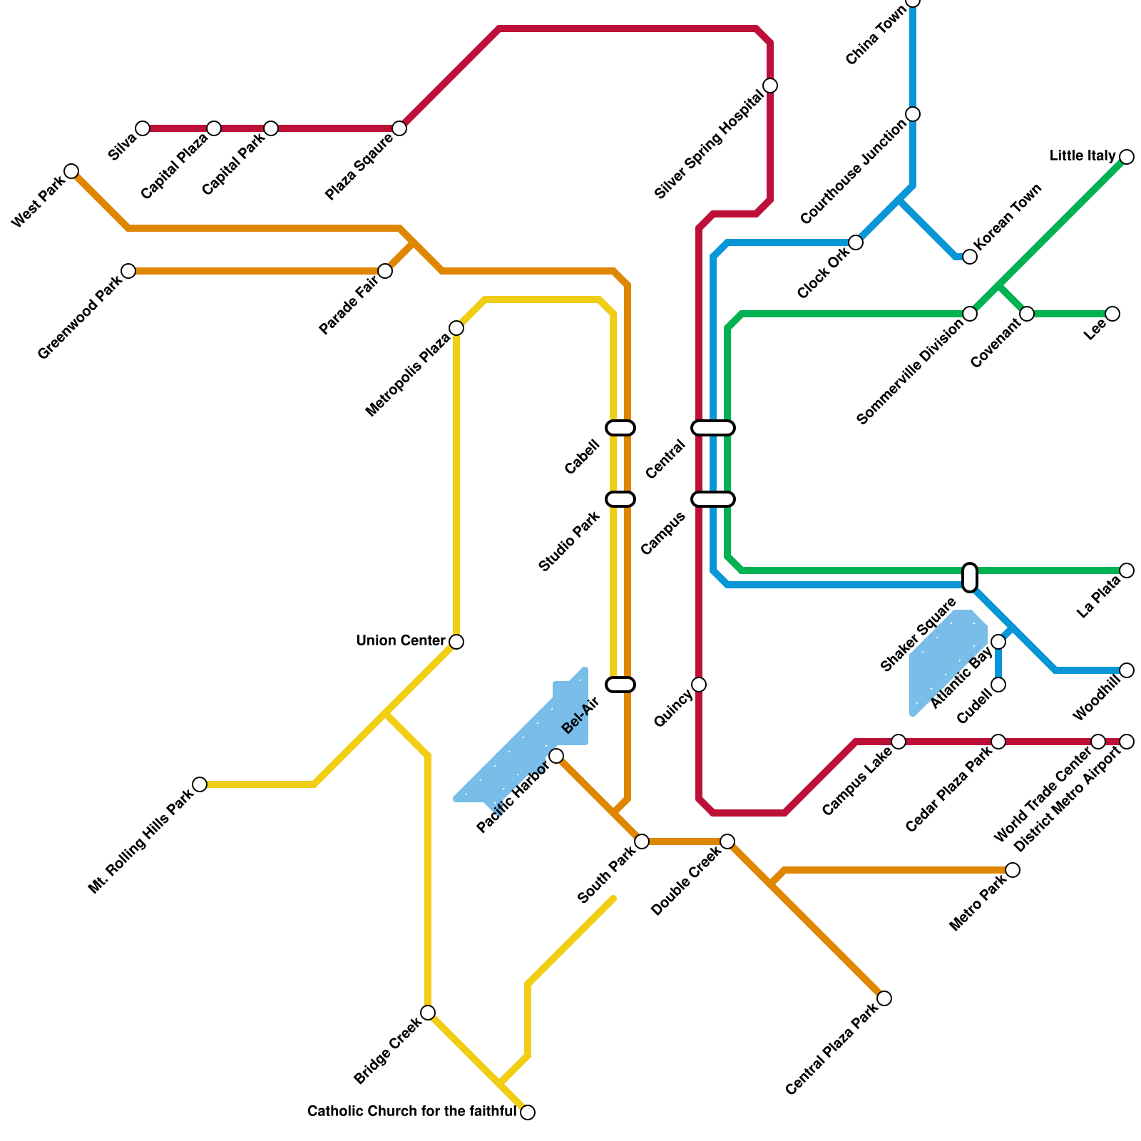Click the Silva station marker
[143, 128]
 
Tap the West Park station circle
[71, 171]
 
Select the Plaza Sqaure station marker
[399, 128]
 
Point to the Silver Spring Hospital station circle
[770, 86]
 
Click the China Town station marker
[913, 2]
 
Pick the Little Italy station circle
[1127, 157]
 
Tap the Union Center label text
[400, 641]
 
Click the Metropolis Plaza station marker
[456, 328]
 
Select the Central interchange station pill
[713, 428]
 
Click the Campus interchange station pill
[713, 499]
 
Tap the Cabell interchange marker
[620, 428]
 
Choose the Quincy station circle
[699, 685]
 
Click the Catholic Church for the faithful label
[411, 1112]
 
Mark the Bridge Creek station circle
[428, 1013]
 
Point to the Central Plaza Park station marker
[884, 998]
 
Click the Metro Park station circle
[1013, 870]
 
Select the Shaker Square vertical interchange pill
[970, 578]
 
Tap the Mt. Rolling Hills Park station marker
[200, 784]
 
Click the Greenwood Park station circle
[128, 271]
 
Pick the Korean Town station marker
[970, 257]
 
